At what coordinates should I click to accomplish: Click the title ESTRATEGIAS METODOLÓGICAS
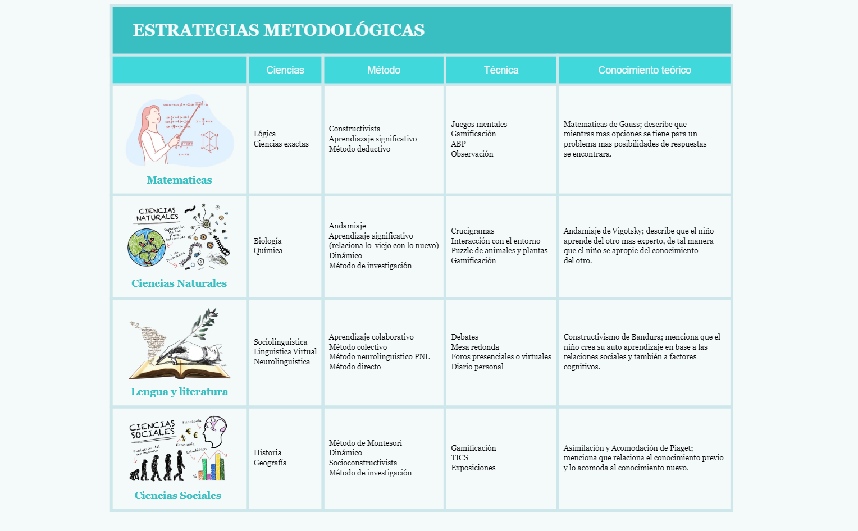(279, 30)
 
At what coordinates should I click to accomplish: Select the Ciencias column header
(285, 70)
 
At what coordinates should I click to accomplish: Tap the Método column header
(384, 70)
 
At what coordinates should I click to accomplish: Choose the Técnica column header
(501, 70)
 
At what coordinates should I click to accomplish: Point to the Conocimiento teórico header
(644, 70)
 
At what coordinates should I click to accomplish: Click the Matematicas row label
(179, 180)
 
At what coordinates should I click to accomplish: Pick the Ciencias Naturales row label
(179, 283)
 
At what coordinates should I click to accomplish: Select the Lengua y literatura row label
(179, 392)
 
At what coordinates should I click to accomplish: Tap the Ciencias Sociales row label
(178, 496)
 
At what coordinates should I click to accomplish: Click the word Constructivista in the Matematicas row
(354, 129)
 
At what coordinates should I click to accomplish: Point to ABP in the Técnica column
(458, 144)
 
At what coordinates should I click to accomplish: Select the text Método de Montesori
(365, 443)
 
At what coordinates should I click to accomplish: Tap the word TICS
(459, 457)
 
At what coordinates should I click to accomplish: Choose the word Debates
(464, 337)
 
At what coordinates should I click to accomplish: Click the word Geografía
(270, 463)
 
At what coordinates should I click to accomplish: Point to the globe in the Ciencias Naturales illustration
(146, 248)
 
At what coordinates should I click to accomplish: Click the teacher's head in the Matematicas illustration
(152, 116)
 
